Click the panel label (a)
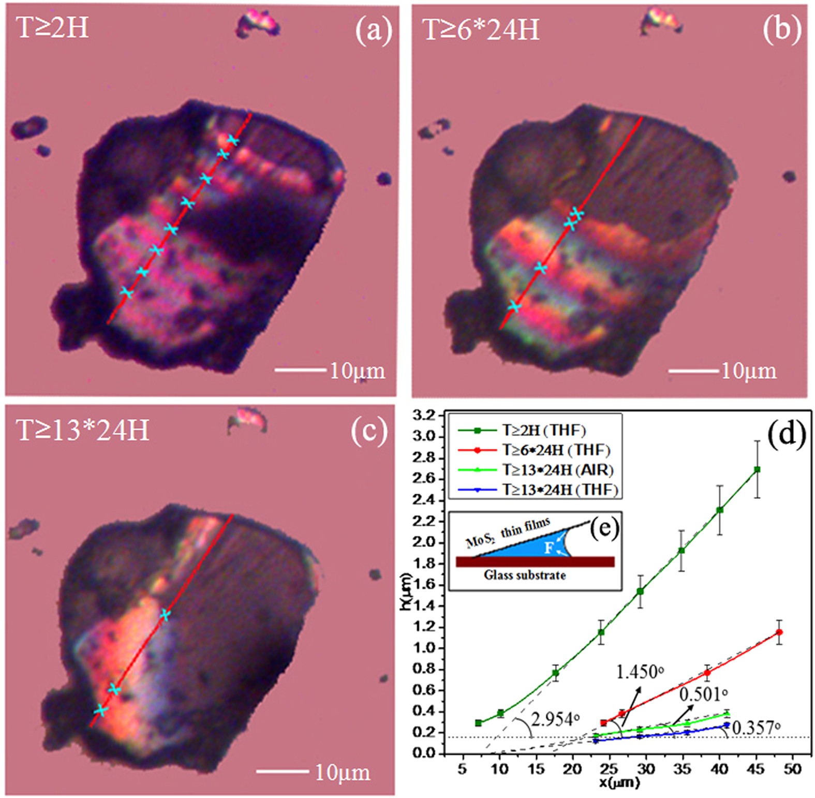point(373,31)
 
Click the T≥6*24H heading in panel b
point(481,29)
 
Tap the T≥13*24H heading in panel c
point(83,430)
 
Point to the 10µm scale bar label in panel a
point(358,371)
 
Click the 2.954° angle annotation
point(555,719)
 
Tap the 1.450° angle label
point(640,672)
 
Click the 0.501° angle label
point(703,694)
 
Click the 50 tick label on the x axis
point(792,769)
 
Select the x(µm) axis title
point(619,782)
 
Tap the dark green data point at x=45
point(757,469)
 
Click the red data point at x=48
point(779,632)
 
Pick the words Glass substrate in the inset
point(525,575)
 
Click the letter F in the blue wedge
point(549,548)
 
